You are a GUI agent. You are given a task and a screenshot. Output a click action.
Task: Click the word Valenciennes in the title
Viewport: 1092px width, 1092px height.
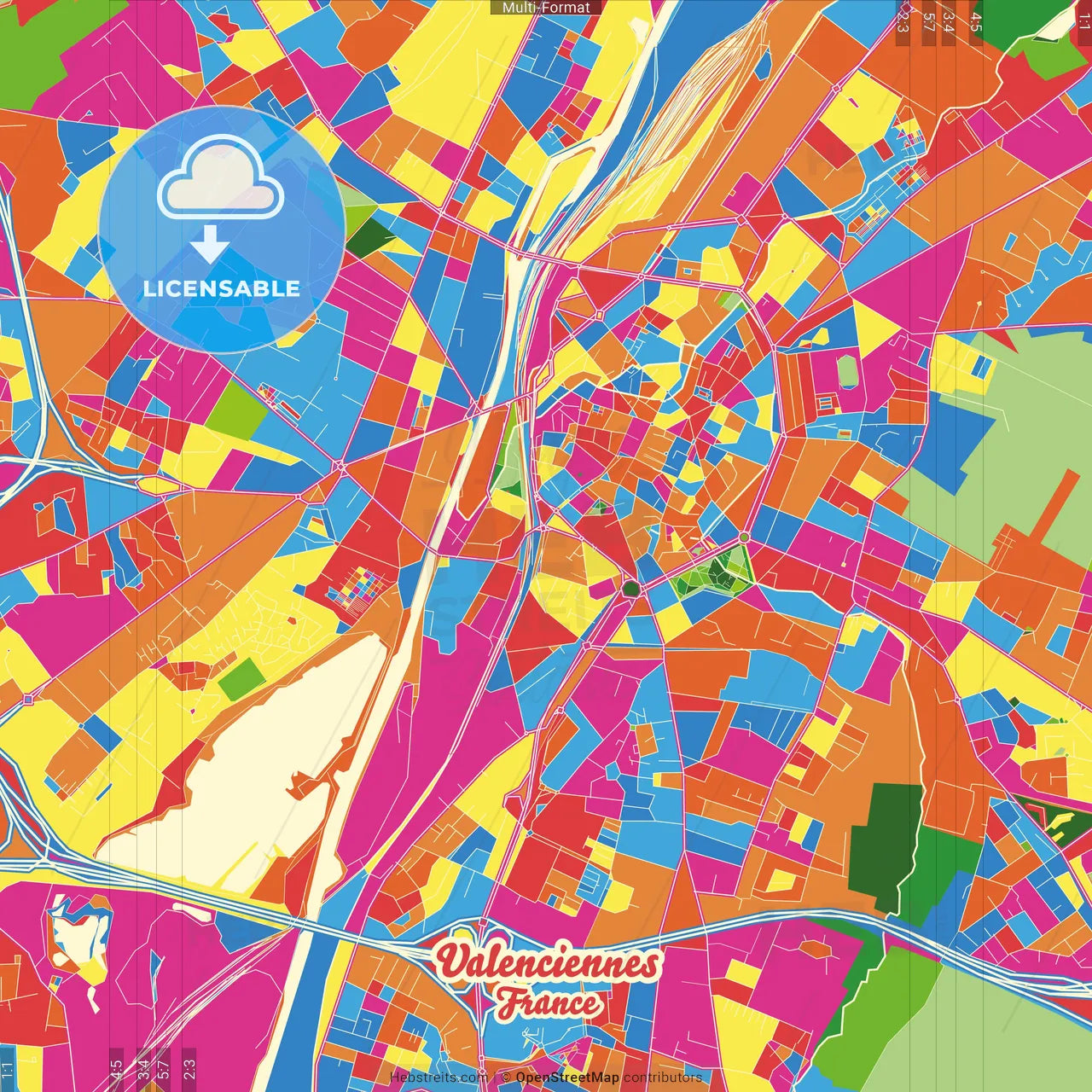[x=548, y=963]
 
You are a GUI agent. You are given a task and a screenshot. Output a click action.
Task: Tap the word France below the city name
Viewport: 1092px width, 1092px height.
[x=549, y=1002]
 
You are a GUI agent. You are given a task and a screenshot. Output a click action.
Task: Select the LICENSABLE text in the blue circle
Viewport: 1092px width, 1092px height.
[x=222, y=288]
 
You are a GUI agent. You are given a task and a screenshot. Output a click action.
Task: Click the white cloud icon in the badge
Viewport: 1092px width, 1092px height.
[x=221, y=178]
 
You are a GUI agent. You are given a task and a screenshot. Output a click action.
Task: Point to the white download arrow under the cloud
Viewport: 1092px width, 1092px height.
[x=209, y=244]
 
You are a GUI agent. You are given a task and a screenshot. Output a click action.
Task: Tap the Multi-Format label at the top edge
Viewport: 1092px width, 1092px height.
[x=546, y=8]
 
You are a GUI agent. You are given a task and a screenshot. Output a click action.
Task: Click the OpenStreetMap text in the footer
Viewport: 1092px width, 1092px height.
[x=566, y=1077]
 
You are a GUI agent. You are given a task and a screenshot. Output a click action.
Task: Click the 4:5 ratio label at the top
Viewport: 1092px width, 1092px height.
[x=976, y=20]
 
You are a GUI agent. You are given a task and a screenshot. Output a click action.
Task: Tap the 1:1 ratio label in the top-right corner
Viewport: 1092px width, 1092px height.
[x=1083, y=17]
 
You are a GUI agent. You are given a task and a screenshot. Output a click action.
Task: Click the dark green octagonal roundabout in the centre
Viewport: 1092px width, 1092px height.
[x=630, y=589]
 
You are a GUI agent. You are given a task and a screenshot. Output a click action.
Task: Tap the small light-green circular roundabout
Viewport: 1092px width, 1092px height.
[x=745, y=537]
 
